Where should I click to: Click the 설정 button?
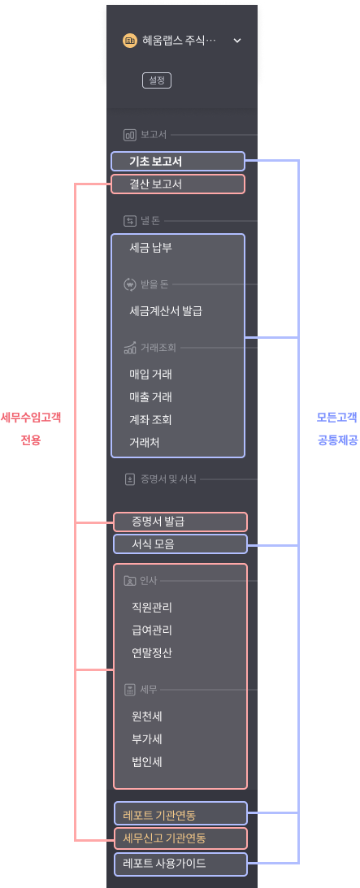click(x=156, y=80)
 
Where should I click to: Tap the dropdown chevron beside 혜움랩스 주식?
click(x=238, y=41)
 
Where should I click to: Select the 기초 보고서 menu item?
click(x=156, y=162)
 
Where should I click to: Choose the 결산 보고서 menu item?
click(x=156, y=184)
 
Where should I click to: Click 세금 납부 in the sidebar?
click(x=150, y=248)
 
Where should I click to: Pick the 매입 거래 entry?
click(x=150, y=375)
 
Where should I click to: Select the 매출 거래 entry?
click(x=150, y=397)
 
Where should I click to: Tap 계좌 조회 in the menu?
click(x=150, y=420)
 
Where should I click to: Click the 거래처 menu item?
click(x=145, y=442)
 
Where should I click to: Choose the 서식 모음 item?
click(x=153, y=544)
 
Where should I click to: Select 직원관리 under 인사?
click(x=152, y=608)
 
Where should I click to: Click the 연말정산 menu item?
click(x=152, y=653)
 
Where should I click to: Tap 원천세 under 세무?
click(x=146, y=717)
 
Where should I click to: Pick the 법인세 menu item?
click(x=146, y=762)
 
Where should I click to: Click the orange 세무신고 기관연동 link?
click(x=163, y=838)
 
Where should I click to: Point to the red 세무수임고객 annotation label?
click(x=31, y=418)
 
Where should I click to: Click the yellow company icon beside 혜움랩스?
click(x=130, y=41)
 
